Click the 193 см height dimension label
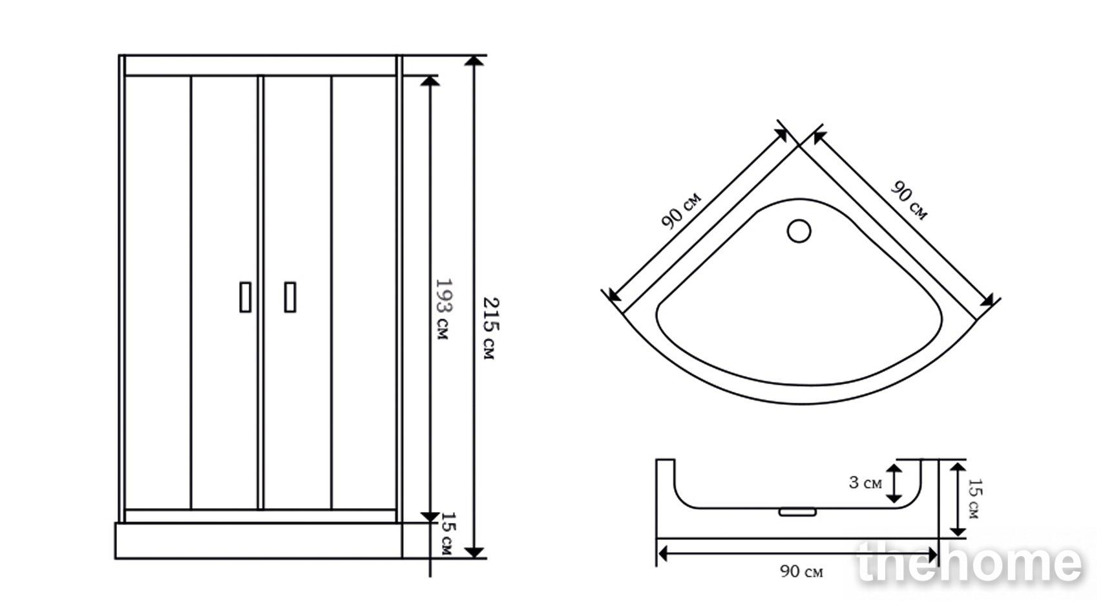[443, 310]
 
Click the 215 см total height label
[490, 328]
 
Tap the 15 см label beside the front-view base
[448, 533]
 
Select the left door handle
[246, 297]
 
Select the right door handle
[290, 297]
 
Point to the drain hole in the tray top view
[799, 231]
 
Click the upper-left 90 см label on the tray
[680, 210]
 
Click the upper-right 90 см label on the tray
[909, 200]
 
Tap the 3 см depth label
[865, 482]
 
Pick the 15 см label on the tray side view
[975, 498]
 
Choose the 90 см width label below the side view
[801, 571]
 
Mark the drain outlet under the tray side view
[797, 513]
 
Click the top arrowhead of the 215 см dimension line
[474, 61]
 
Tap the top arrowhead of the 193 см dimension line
[430, 81]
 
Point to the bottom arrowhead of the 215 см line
[474, 552]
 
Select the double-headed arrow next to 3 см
[894, 484]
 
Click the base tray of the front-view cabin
[258, 540]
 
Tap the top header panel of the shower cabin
[260, 65]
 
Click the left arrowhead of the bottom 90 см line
[663, 554]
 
